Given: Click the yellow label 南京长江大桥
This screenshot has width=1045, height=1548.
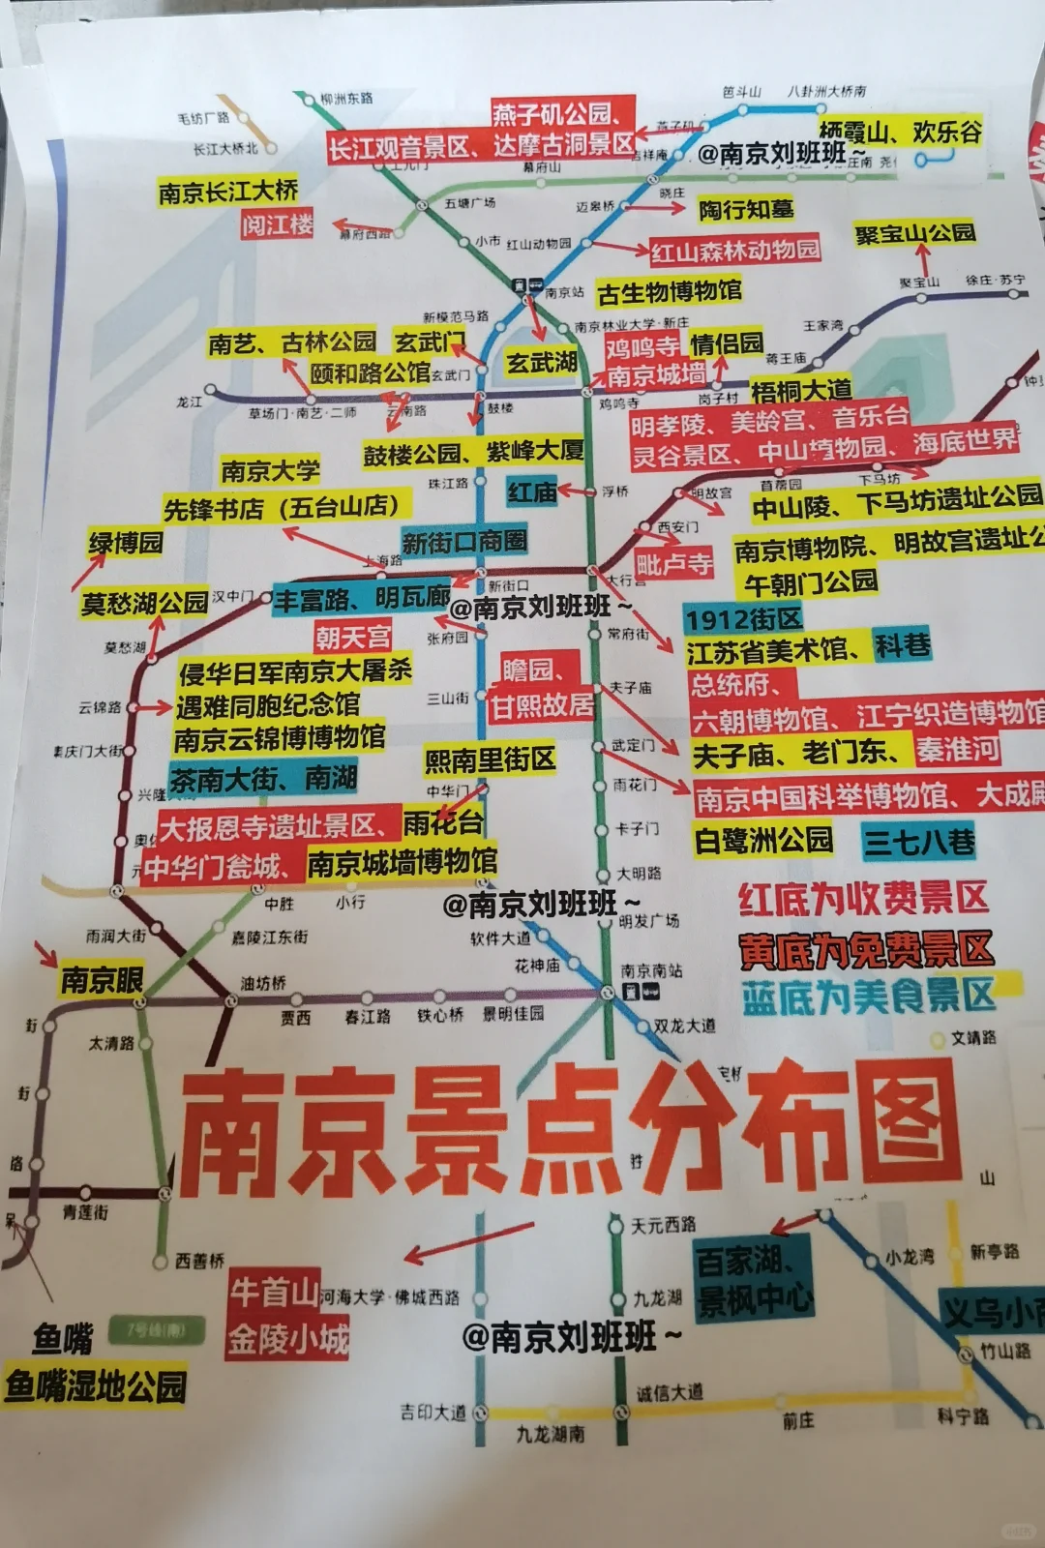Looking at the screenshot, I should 228,192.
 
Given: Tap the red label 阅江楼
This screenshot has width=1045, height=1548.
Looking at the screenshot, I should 278,225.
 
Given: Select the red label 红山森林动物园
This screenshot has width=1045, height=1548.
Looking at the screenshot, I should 734,251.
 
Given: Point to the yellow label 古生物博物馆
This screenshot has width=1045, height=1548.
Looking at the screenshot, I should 670,291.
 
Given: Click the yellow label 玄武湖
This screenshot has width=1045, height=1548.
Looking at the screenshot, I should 541,363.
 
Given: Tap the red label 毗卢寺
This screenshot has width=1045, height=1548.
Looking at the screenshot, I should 673,563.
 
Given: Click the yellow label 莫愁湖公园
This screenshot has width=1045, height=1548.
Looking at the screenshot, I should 144,604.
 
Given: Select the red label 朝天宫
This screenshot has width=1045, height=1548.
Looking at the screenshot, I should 352,637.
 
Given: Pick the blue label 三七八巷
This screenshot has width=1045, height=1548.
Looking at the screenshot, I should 918,842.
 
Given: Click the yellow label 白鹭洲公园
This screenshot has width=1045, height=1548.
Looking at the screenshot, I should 763,840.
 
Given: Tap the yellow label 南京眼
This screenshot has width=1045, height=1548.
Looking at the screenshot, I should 102,980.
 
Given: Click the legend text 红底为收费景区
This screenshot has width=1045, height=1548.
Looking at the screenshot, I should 863,899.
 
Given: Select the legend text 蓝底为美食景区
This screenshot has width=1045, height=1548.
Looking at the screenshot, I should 868,996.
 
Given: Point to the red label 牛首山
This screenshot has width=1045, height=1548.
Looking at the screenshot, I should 274,1291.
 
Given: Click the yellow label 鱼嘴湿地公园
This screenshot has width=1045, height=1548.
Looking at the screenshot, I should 95,1386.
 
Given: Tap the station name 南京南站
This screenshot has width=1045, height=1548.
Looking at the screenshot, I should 651,970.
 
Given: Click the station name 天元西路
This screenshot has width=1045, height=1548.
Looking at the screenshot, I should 663,1225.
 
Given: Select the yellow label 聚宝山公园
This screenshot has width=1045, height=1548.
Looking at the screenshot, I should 914,234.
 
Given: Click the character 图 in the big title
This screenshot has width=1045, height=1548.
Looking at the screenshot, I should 890,1127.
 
